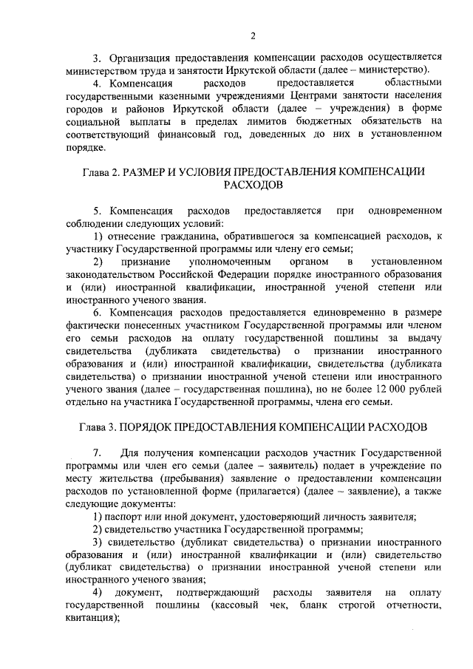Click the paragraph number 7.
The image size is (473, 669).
(97, 453)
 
